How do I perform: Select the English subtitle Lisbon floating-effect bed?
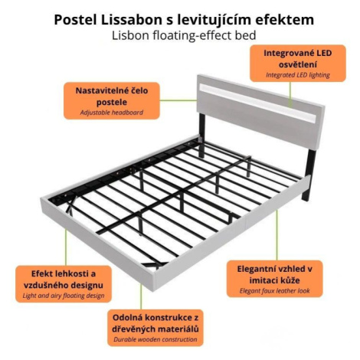pyautogui.click(x=184, y=35)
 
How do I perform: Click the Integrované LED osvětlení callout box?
pyautogui.click(x=298, y=64)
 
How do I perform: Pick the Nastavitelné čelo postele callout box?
pyautogui.click(x=112, y=100)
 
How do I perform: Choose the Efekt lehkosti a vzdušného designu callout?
pyautogui.click(x=64, y=284)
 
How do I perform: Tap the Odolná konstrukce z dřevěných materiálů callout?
pyautogui.click(x=155, y=328)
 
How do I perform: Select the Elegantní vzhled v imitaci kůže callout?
pyautogui.click(x=274, y=279)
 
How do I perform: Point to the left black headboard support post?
pyautogui.click(x=202, y=136)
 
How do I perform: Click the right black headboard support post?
pyautogui.click(x=309, y=175)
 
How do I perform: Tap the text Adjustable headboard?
pyautogui.click(x=112, y=113)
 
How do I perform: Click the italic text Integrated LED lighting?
pyautogui.click(x=298, y=75)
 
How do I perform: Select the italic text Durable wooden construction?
pyautogui.click(x=155, y=339)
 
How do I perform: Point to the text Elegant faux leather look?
pyautogui.click(x=274, y=291)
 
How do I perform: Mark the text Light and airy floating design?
pyautogui.click(x=64, y=296)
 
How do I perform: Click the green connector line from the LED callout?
pyautogui.click(x=290, y=94)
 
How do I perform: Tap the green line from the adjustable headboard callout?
pyautogui.click(x=178, y=100)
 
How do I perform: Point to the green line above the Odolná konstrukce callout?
pyautogui.click(x=141, y=296)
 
